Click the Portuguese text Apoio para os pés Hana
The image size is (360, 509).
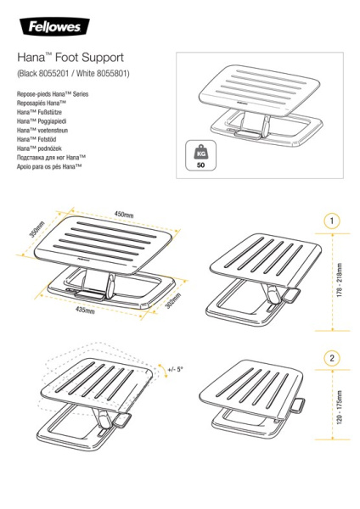(x=49, y=167)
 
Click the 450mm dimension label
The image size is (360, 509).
(x=125, y=215)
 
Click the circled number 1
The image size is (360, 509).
(x=331, y=221)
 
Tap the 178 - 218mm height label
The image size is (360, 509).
(x=339, y=279)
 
